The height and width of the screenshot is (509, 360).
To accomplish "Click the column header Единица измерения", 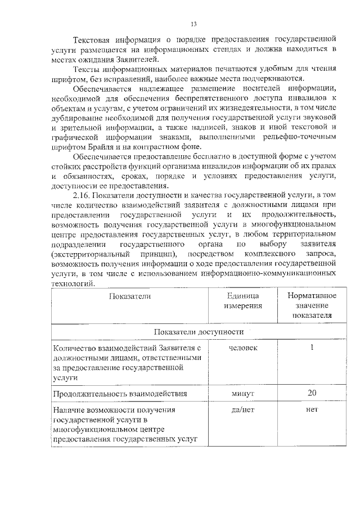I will [244, 300].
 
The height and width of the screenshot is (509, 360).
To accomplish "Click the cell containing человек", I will [244, 348].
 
